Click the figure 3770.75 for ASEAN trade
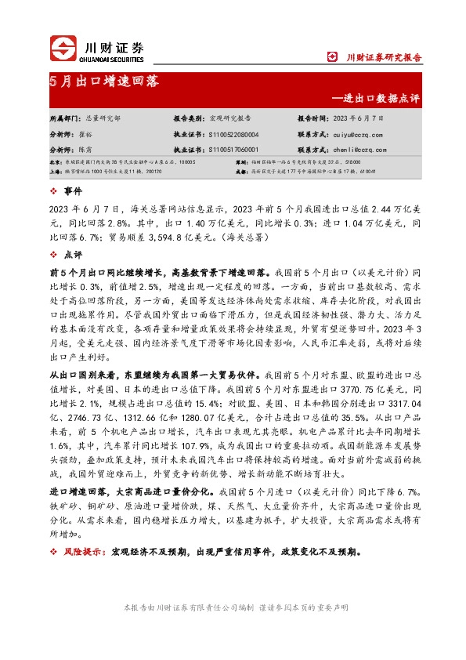pyautogui.click(x=367, y=389)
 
